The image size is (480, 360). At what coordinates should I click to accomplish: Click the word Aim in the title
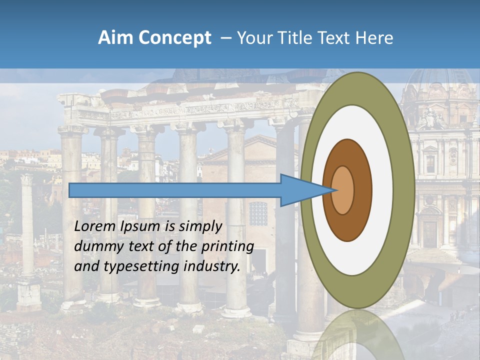coord(115,38)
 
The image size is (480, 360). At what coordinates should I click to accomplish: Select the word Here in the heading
coord(374,38)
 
